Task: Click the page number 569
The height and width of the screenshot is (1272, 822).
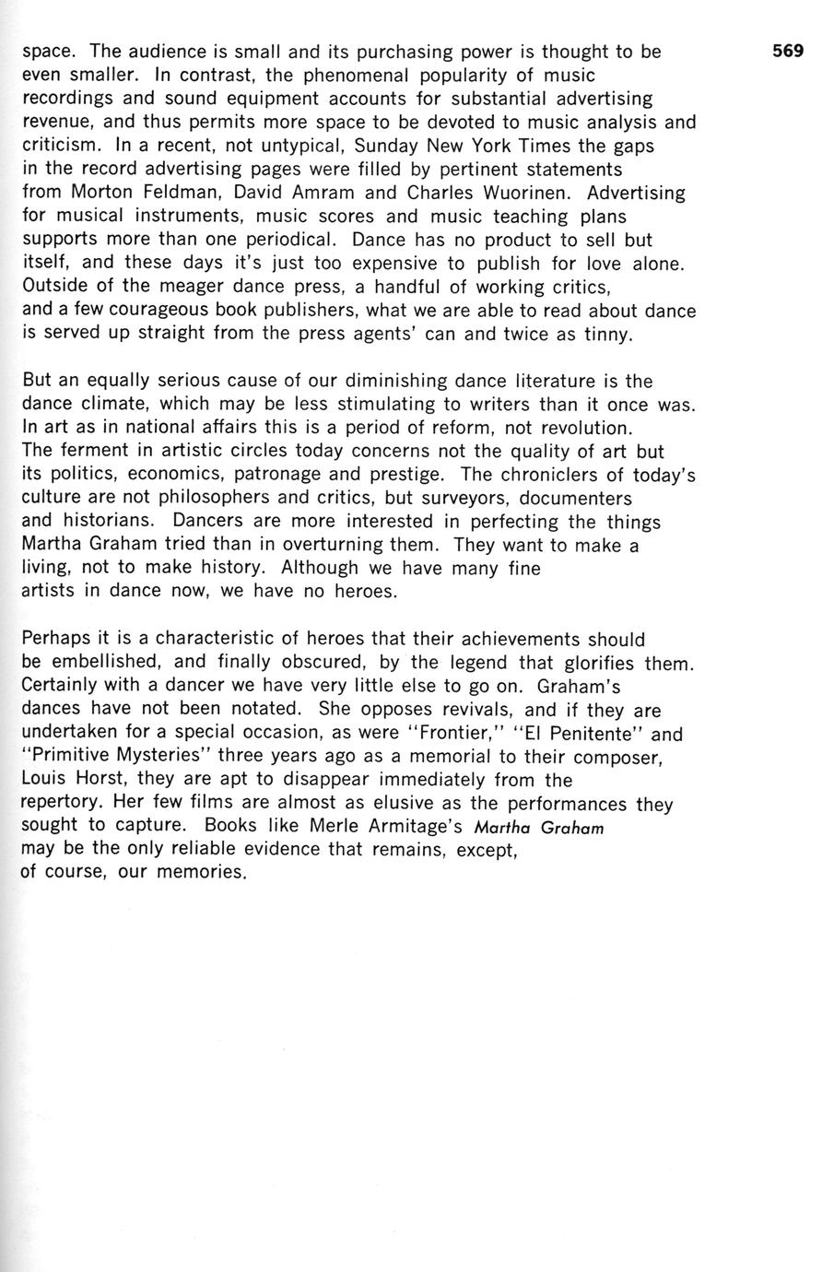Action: click(x=788, y=52)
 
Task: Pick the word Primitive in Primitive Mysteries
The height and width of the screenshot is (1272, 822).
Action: click(x=73, y=758)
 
